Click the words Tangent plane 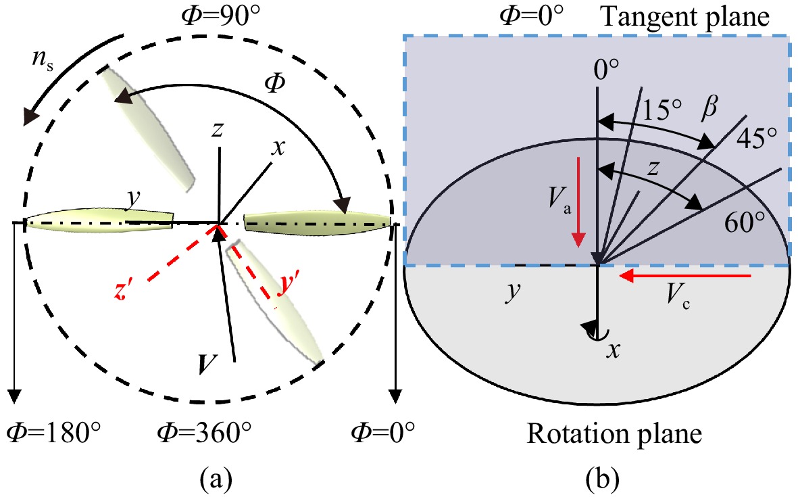[685, 18]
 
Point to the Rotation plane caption [614, 434]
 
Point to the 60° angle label [745, 222]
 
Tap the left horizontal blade [100, 220]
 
